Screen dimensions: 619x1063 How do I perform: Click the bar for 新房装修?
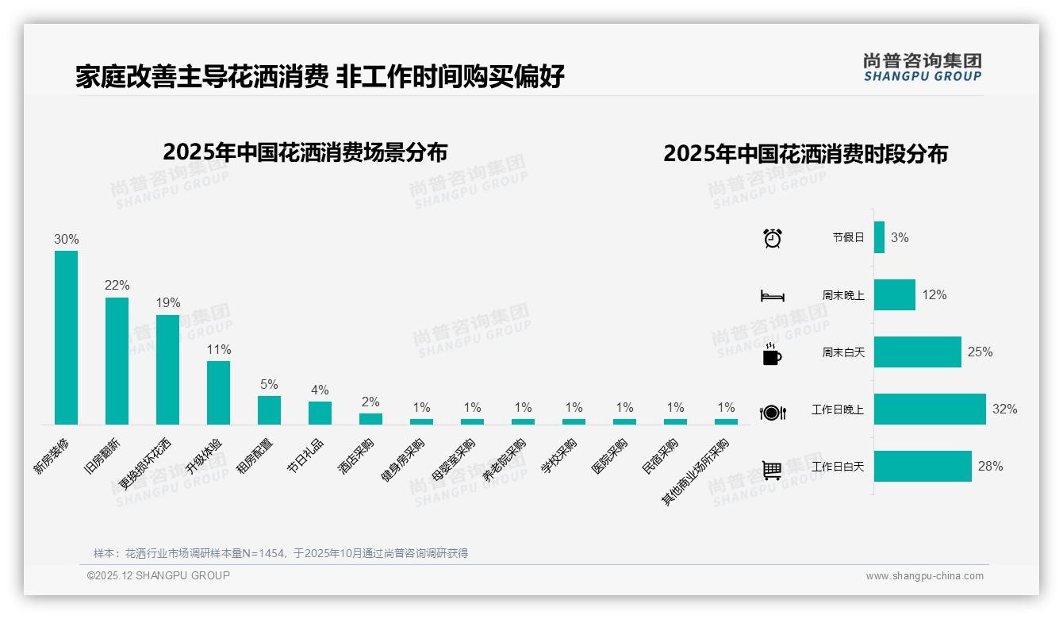click(x=66, y=337)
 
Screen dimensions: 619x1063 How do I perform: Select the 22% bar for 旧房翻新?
click(x=117, y=360)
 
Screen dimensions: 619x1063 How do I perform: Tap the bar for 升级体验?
click(x=218, y=392)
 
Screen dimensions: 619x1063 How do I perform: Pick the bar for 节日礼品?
click(x=320, y=413)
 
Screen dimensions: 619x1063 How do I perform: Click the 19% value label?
click(x=168, y=302)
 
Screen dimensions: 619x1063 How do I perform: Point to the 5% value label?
click(x=269, y=384)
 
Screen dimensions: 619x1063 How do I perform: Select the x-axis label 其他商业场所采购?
click(x=696, y=471)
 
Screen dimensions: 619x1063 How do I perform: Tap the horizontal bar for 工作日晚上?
click(x=930, y=409)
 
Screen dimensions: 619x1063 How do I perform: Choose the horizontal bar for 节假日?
click(x=879, y=237)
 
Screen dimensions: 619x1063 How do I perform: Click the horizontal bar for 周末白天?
click(x=917, y=352)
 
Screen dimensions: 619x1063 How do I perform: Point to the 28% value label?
click(x=990, y=467)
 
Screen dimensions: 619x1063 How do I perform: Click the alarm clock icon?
click(x=772, y=238)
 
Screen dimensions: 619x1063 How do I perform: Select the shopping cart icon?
click(x=772, y=471)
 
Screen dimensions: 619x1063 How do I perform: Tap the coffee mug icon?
click(x=772, y=354)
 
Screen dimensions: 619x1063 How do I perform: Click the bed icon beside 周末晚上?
click(x=772, y=296)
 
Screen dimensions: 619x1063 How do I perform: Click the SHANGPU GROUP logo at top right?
click(x=922, y=67)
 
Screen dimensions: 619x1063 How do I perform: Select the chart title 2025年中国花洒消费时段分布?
click(x=805, y=154)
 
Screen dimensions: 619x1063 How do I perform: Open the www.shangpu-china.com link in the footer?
click(x=924, y=576)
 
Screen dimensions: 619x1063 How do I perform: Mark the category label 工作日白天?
click(x=838, y=467)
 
